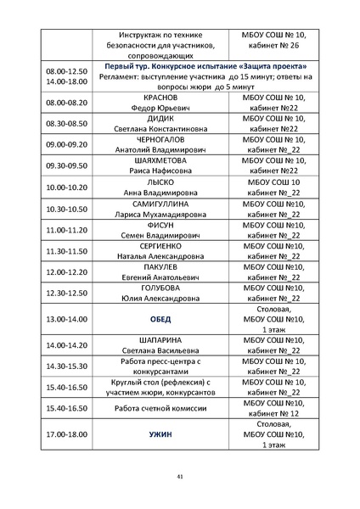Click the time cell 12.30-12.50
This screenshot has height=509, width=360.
(x=66, y=293)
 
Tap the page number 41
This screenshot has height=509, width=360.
(x=180, y=477)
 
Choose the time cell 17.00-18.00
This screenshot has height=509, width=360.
(x=66, y=433)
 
